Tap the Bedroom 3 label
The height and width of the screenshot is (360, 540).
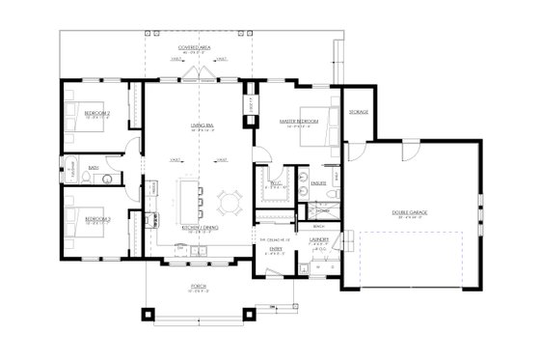(96, 219)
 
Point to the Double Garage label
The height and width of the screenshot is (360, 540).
(409, 211)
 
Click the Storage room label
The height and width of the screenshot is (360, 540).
(358, 112)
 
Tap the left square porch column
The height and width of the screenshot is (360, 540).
(148, 314)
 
